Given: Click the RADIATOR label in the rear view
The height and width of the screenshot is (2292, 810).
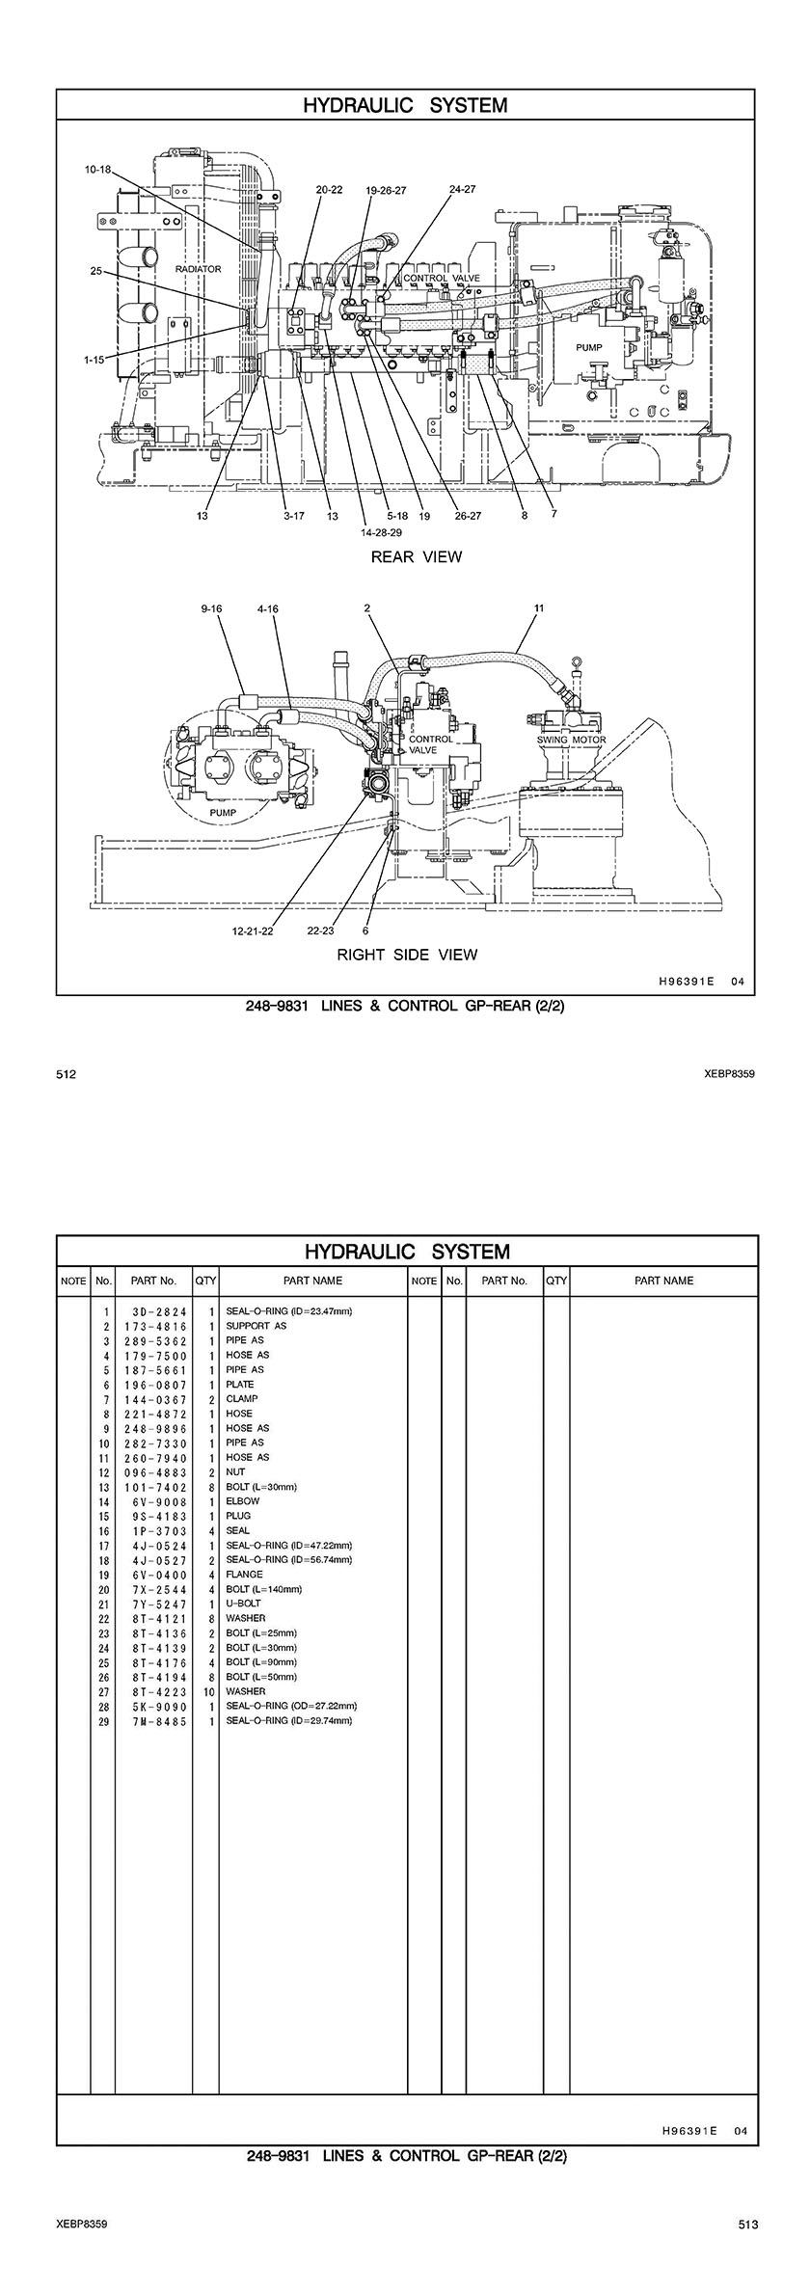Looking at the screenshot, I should pyautogui.click(x=198, y=269).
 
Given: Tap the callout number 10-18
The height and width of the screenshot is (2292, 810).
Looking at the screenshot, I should pyautogui.click(x=97, y=170).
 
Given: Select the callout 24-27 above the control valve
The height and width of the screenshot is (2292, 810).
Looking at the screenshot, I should pyautogui.click(x=462, y=189).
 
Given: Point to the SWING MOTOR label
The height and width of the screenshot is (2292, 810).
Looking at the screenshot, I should pyautogui.click(x=572, y=740).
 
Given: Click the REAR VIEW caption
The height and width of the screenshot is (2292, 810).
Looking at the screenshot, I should pyautogui.click(x=417, y=556).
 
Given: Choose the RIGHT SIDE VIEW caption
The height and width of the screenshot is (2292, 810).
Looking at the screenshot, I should pyautogui.click(x=406, y=955).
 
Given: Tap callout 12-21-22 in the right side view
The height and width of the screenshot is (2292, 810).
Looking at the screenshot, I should pyautogui.click(x=252, y=931).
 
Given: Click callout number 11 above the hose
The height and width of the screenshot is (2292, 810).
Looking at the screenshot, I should pyautogui.click(x=539, y=608).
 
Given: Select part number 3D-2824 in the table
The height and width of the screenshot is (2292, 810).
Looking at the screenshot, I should pyautogui.click(x=155, y=1311).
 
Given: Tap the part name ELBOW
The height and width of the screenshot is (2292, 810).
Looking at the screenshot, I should pyautogui.click(x=242, y=1501).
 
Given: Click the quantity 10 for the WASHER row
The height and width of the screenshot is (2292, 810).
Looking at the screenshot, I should pyautogui.click(x=207, y=1691).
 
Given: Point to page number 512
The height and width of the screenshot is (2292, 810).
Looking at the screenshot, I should pyautogui.click(x=67, y=1074).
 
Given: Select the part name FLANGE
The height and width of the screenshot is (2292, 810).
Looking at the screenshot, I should pyautogui.click(x=244, y=1575).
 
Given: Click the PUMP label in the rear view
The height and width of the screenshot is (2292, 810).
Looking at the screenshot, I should pyautogui.click(x=588, y=346).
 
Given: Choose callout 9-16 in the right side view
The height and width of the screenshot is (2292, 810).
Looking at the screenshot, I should pyautogui.click(x=212, y=608).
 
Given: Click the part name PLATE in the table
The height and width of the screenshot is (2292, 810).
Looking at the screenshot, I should pyautogui.click(x=240, y=1385).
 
